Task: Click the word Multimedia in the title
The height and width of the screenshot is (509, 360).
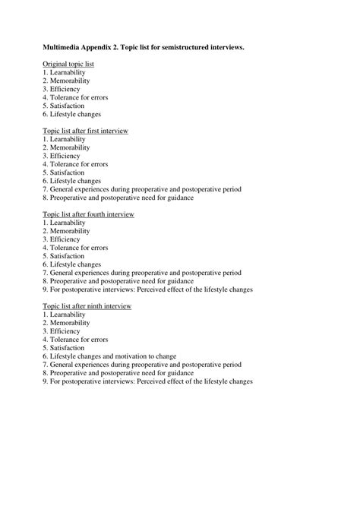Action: [x=63, y=47]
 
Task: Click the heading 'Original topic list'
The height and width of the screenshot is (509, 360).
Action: [x=68, y=64]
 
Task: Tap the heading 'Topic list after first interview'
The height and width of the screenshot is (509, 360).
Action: [x=85, y=131]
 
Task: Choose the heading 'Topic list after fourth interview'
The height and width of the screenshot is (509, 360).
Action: [x=88, y=214]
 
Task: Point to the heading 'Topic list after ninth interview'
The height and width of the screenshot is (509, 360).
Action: [x=87, y=305]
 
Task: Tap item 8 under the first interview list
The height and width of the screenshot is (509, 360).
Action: [x=118, y=198]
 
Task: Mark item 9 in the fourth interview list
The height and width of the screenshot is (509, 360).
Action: [x=147, y=289]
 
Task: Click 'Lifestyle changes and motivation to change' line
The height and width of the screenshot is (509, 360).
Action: [x=109, y=356]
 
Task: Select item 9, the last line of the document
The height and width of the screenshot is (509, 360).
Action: [x=147, y=381]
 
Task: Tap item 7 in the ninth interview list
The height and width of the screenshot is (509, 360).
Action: [x=141, y=365]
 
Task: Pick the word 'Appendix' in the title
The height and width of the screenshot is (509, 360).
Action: [x=103, y=47]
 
